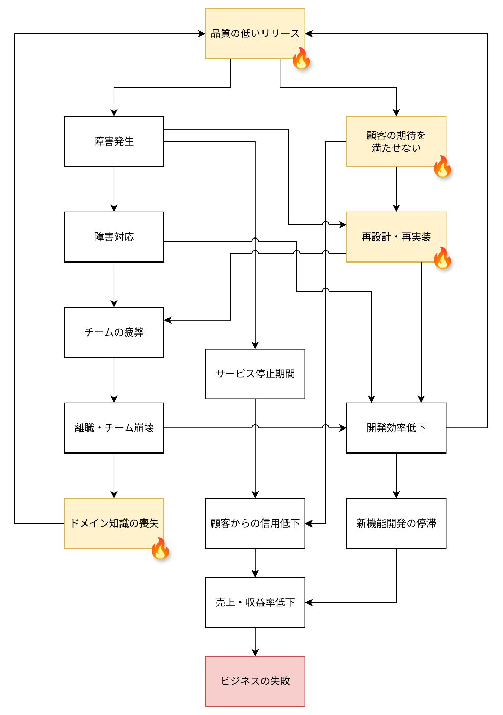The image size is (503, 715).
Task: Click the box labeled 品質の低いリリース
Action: (x=255, y=34)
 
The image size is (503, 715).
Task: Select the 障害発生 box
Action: (x=114, y=141)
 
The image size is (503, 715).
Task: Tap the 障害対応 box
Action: (x=114, y=237)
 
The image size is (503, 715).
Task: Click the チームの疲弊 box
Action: (x=114, y=332)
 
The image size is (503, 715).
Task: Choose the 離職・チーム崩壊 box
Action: (x=114, y=428)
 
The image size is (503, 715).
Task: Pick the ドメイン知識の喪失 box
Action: (x=114, y=523)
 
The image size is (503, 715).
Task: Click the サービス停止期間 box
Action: (x=255, y=374)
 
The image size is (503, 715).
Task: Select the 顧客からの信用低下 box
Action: (x=255, y=523)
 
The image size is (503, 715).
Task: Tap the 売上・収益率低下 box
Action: (x=255, y=602)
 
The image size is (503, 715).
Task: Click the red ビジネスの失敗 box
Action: (x=255, y=681)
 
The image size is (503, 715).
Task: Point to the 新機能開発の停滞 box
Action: (x=396, y=523)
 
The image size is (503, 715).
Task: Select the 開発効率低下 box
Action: (x=396, y=428)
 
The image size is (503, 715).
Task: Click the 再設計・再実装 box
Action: (x=396, y=237)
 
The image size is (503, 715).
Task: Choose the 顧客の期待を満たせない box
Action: (x=396, y=141)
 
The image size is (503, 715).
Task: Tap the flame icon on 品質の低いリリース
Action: (x=301, y=59)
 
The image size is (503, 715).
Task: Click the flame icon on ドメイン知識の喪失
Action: (x=160, y=549)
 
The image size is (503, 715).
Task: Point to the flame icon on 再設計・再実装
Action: (x=442, y=257)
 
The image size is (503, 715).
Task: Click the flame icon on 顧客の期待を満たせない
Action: (x=442, y=166)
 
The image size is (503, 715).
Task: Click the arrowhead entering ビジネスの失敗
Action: (x=255, y=653)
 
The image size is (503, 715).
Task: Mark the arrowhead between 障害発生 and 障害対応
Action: (x=114, y=208)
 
